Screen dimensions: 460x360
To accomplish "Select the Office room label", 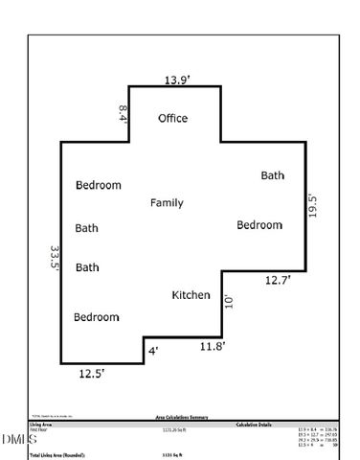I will (172, 119).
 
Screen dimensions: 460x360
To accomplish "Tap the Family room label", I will (167, 203).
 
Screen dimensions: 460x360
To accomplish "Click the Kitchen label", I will (191, 295).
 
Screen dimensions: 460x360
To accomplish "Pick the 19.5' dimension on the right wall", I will (313, 207).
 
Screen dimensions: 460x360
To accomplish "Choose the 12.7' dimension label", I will (278, 281).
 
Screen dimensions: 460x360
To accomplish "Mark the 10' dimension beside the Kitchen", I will (229, 303).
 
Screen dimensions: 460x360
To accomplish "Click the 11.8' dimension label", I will (212, 346).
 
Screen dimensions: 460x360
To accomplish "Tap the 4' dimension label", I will (152, 352).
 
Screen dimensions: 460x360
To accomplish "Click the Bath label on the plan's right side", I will (273, 175).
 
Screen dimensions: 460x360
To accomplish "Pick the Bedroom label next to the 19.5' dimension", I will (260, 225).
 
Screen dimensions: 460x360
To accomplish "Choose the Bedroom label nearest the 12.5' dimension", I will (97, 316).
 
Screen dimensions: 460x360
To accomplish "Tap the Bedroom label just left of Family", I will (99, 185).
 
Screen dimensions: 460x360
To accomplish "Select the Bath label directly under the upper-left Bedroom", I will (87, 228).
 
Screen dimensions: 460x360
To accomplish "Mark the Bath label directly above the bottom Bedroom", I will (87, 267).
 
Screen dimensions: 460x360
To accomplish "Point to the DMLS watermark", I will (16, 439).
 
